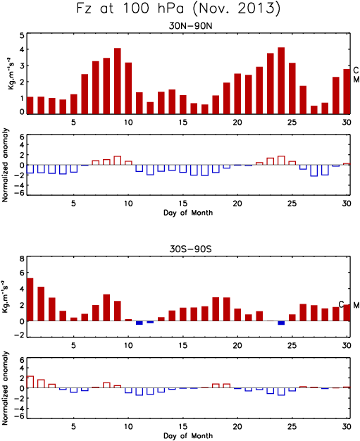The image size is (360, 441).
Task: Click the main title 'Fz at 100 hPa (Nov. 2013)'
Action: tap(179, 8)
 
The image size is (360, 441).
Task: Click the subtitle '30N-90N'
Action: tap(190, 26)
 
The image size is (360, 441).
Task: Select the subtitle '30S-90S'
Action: tap(190, 249)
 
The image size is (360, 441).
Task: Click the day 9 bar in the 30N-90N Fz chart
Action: tap(118, 81)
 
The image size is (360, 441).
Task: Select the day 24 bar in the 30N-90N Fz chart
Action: tap(281, 81)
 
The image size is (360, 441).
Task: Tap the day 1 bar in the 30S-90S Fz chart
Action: tap(30, 299)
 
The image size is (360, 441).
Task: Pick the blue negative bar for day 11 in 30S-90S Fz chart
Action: tap(139, 323)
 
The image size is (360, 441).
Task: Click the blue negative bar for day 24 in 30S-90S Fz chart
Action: tap(281, 323)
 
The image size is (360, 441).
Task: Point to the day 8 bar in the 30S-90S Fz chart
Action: tap(106, 308)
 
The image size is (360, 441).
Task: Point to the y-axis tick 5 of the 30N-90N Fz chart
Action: tap(22, 36)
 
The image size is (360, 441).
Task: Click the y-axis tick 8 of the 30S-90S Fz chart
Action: tap(22, 259)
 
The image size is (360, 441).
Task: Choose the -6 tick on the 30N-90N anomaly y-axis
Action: tap(20, 194)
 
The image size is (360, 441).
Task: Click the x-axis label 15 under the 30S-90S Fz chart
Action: tap(182, 345)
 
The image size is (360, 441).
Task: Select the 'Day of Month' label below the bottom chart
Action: tap(188, 436)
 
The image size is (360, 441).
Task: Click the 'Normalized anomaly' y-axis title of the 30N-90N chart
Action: tap(5, 165)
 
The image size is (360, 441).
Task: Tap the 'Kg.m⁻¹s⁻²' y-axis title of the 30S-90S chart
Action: tap(5, 297)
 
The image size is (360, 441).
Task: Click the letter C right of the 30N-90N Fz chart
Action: tap(356, 70)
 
